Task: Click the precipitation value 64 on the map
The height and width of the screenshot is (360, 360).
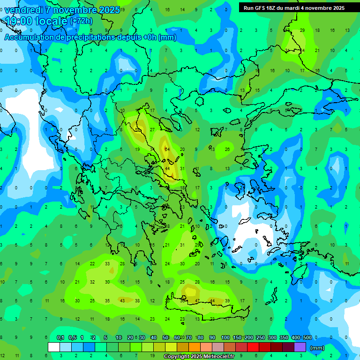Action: pos(167,149)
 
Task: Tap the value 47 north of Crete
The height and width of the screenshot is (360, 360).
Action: pos(197,300)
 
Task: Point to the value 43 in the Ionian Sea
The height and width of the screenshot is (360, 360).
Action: pos(122,300)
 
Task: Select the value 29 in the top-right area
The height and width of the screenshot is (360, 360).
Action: pos(302,30)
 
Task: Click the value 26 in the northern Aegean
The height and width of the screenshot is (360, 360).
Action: pos(227,149)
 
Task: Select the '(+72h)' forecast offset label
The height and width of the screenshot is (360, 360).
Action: pos(81,21)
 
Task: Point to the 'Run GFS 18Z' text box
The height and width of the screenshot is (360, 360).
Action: pos(293,7)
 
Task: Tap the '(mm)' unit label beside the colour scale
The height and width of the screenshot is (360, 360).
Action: pos(317,348)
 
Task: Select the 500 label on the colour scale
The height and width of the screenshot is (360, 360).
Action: pos(307,337)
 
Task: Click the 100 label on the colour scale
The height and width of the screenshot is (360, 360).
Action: pos(225,337)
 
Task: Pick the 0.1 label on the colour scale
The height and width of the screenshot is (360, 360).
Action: pos(60,337)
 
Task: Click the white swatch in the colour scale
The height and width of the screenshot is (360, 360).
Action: pos(54,347)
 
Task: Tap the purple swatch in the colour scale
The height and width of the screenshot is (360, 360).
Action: pos(300,347)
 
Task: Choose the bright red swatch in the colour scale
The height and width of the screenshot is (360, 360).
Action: pos(253,347)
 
